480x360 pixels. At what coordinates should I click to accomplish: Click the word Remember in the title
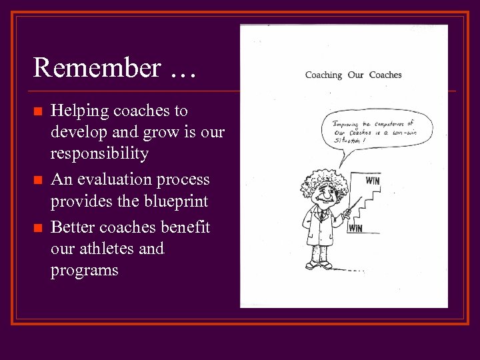[97, 68]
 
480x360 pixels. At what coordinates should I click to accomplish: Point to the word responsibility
[99, 154]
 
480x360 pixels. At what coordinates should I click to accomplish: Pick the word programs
[84, 271]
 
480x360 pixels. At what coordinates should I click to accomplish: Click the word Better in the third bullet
[73, 228]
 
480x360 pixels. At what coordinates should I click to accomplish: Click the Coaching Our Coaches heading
[353, 75]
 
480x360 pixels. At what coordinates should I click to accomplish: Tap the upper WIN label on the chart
[373, 180]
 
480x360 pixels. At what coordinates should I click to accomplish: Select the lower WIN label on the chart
[355, 228]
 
